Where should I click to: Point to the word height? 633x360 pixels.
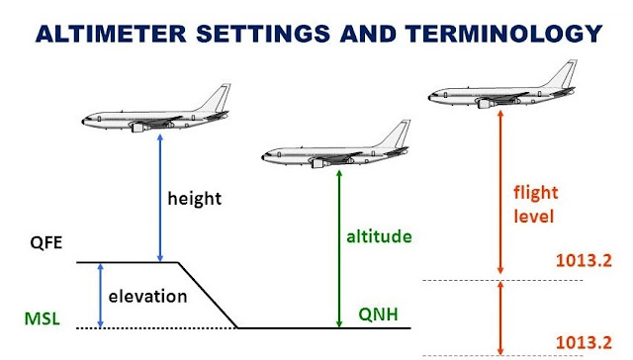[x=194, y=198]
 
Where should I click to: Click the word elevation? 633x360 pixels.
[x=146, y=295]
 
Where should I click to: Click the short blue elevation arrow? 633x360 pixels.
[x=99, y=295]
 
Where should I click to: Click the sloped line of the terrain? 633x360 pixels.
[x=206, y=295]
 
